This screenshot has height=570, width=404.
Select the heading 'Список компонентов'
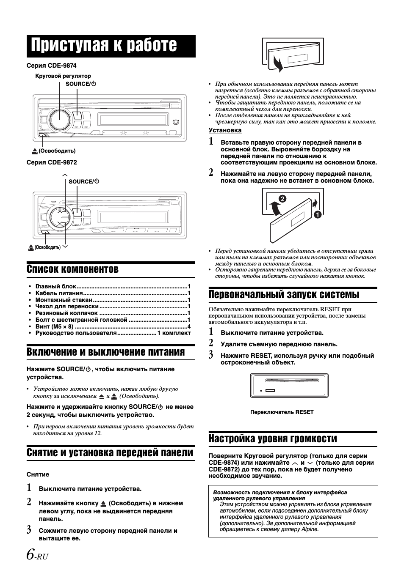[x=72, y=269]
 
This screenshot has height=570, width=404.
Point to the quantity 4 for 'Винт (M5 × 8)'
[x=189, y=326]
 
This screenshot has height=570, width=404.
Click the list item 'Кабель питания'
[x=59, y=293]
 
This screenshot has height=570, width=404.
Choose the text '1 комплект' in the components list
[x=174, y=333]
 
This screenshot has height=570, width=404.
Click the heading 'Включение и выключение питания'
[x=105, y=352]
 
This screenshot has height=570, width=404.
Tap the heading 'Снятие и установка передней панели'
[x=110, y=453]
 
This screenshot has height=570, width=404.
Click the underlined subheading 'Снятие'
[x=38, y=474]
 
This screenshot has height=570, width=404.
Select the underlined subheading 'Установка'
[x=225, y=130]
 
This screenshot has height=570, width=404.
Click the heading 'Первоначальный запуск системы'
[x=284, y=294]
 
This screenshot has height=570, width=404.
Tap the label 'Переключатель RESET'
[x=282, y=412]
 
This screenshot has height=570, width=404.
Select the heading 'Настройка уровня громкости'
[x=273, y=438]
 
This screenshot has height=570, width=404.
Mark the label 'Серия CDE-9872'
[x=52, y=162]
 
